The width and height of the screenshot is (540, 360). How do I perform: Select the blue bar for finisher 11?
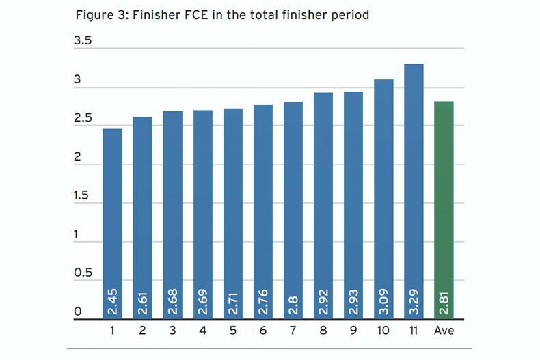point(413,184)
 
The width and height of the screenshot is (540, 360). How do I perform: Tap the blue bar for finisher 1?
point(112,219)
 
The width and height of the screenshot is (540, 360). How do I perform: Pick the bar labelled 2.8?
point(293,205)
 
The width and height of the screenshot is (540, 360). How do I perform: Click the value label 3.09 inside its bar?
point(383,301)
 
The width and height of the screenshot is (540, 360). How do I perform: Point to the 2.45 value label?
point(112,301)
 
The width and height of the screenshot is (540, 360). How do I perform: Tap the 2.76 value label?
point(262,301)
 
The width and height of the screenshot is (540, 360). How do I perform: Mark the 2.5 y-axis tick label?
point(82,119)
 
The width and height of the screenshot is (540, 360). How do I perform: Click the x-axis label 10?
point(383,331)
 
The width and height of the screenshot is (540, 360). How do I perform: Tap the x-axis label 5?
point(232,331)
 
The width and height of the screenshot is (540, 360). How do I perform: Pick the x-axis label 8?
point(323,331)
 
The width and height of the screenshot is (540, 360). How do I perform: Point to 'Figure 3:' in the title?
point(100,14)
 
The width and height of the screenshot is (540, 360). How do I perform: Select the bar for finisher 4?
point(202,212)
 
